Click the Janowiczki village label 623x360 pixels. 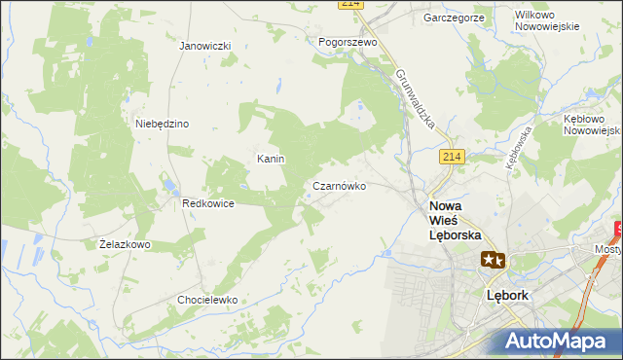pos(204,46)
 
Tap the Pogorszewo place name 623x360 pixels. pos(348,43)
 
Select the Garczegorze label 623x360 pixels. pos(454,18)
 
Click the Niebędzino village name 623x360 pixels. pos(162,124)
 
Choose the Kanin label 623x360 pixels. pos(270,158)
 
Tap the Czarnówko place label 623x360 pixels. pos(339,185)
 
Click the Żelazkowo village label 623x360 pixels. pos(125,244)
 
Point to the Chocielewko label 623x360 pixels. pos(207,300)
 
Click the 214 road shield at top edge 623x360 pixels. pos(351,5)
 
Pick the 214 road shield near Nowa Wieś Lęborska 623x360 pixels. pos(450,158)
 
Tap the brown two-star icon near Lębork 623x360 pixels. pos(493,260)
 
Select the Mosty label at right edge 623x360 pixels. pos(608,249)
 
